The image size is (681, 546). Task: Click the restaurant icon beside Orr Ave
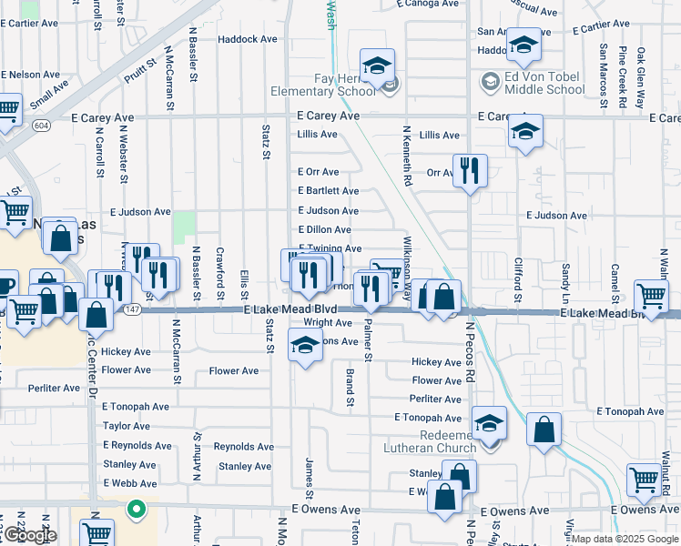tap(470, 171)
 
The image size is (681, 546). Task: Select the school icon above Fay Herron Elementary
tap(376, 66)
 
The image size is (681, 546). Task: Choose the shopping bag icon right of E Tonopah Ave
tap(544, 430)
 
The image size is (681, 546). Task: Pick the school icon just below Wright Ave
tap(305, 346)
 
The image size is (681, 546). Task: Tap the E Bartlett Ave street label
tap(329, 191)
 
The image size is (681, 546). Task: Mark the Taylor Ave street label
tap(127, 426)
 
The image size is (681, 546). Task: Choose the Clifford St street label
tap(517, 279)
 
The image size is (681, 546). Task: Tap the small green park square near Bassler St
tap(185, 225)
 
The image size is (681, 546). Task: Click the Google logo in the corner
tap(29, 535)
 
